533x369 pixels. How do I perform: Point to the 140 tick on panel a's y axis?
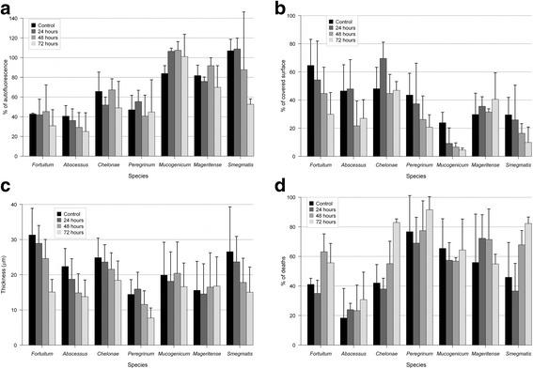click(x=21, y=13)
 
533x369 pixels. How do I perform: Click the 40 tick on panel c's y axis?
click(x=22, y=205)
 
